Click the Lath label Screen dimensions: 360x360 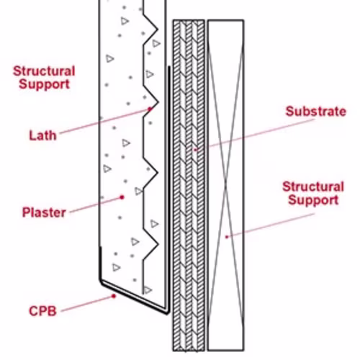(x=42, y=135)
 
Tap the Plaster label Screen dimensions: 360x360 (x=44, y=212)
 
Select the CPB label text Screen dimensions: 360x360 (x=42, y=311)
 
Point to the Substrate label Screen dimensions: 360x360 (x=316, y=112)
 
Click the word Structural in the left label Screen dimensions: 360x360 (x=44, y=71)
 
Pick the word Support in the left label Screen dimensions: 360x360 (x=45, y=84)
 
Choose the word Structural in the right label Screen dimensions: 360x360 (x=313, y=186)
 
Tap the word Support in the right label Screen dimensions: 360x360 (x=313, y=200)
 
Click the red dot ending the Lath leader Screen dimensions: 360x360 (x=150, y=109)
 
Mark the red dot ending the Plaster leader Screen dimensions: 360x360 (x=122, y=197)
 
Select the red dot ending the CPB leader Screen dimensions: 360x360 (x=114, y=296)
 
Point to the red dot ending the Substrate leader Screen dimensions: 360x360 (x=196, y=150)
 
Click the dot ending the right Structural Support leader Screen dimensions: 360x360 (x=227, y=237)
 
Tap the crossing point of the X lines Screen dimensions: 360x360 (x=225, y=185)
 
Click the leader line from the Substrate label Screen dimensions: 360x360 (x=255, y=135)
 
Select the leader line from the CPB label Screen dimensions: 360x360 (x=88, y=304)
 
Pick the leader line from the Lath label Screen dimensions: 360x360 (x=105, y=121)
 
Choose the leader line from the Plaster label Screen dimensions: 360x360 (x=96, y=204)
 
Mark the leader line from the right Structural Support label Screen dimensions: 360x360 (x=271, y=225)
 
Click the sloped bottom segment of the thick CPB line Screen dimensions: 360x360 (x=135, y=297)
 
